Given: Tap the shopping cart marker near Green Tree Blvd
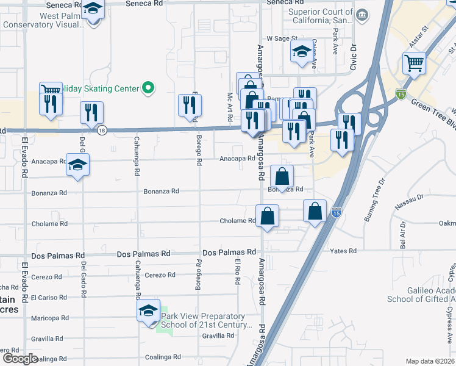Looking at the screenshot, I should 414,62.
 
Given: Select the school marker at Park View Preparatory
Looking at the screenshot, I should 149,310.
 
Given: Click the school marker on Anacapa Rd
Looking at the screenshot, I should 78,165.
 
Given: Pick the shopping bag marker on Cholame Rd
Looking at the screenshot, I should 268,216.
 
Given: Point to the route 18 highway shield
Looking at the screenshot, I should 102,131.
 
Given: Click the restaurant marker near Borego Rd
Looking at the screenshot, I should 190,106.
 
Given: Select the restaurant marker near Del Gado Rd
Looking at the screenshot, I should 91,113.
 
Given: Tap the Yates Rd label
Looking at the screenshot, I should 343,251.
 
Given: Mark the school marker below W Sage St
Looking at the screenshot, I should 301,53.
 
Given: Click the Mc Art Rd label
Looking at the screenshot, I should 231,101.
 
